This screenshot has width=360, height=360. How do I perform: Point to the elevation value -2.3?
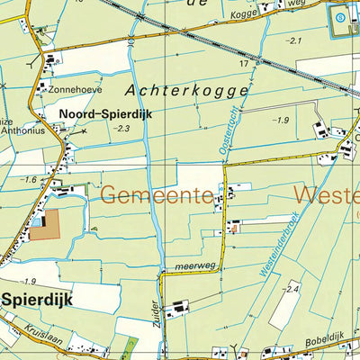121,129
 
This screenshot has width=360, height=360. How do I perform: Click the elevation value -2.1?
293,40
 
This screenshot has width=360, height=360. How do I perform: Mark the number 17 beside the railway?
243,64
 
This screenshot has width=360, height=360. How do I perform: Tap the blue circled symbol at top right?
340,15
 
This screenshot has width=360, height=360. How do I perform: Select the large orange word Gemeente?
156,193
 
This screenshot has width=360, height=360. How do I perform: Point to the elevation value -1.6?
31,180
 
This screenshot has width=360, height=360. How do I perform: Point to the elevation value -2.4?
290,288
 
